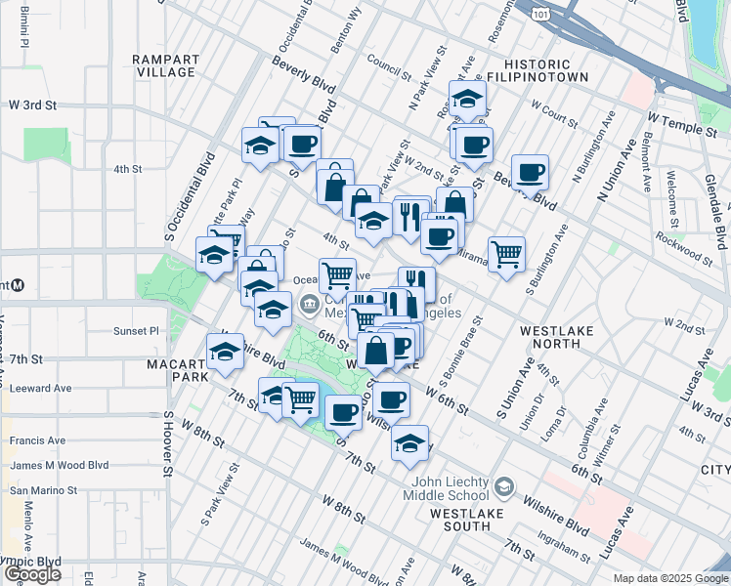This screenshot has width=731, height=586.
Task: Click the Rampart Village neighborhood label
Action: point(166,65)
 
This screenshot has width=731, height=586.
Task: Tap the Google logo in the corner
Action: point(32,574)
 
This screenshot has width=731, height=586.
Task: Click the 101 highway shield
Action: point(541,12)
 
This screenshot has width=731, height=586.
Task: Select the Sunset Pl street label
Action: point(136,331)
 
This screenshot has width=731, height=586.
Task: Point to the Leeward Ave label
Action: point(41,388)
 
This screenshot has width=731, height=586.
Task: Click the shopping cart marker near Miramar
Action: point(506,255)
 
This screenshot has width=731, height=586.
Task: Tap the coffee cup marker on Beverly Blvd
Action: point(530,173)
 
